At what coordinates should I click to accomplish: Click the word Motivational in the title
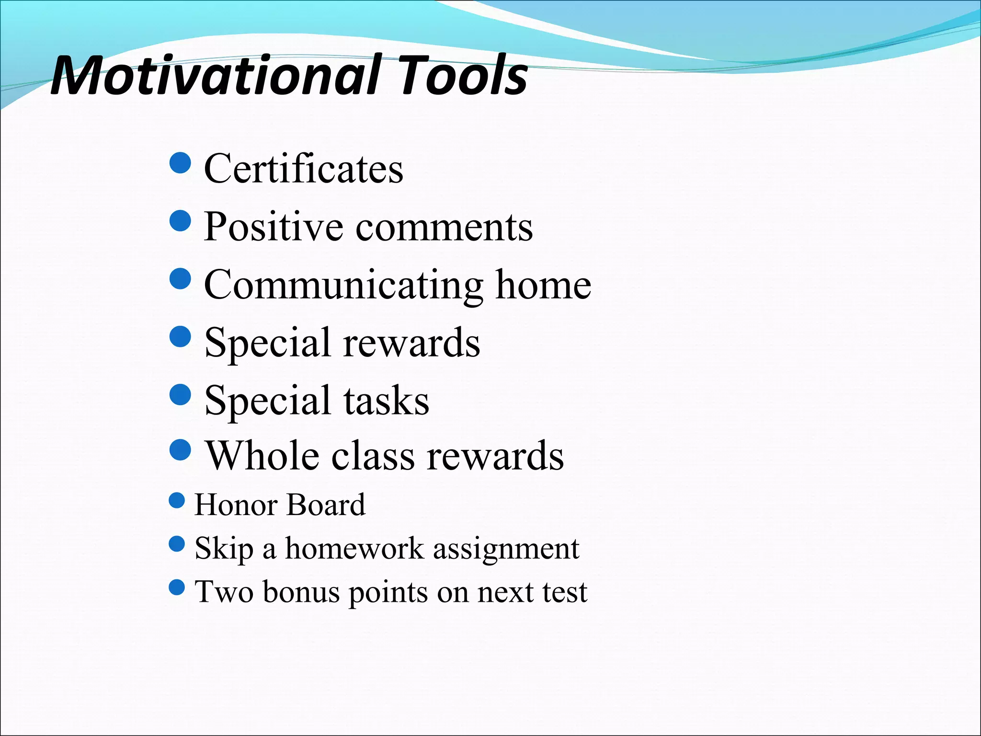pos(216,75)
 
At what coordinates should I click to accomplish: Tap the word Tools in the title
pos(462,75)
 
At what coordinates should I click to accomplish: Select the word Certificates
pos(304,169)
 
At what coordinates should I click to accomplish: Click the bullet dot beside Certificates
pos(181,163)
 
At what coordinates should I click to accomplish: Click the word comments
pos(444,227)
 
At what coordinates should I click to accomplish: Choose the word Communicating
pos(343,286)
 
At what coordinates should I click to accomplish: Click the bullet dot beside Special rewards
pos(181,336)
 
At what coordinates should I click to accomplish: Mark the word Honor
pos(236,505)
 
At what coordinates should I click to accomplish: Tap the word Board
pos(326,505)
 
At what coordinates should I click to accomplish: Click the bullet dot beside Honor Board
pos(177,501)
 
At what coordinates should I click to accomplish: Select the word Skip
pos(224,549)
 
